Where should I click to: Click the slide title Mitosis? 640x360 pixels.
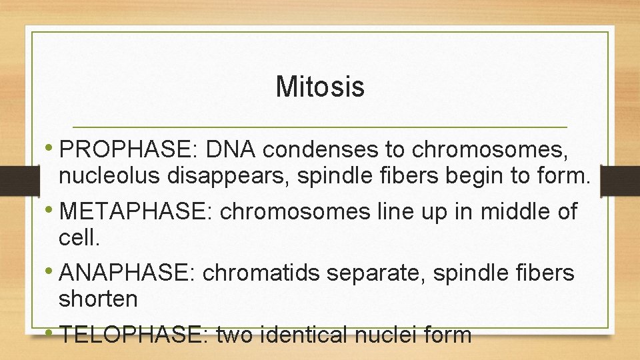pos(320,87)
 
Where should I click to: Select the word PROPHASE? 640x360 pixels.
pos(129,151)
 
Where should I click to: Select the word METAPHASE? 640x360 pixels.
pos(135,212)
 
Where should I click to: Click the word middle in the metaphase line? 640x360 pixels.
pos(517,212)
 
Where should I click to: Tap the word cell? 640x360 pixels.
pos(77,238)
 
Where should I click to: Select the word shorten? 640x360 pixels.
pos(98,299)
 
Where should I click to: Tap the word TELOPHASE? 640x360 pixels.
pos(135,333)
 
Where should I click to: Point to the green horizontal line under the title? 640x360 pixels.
pos(320,127)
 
